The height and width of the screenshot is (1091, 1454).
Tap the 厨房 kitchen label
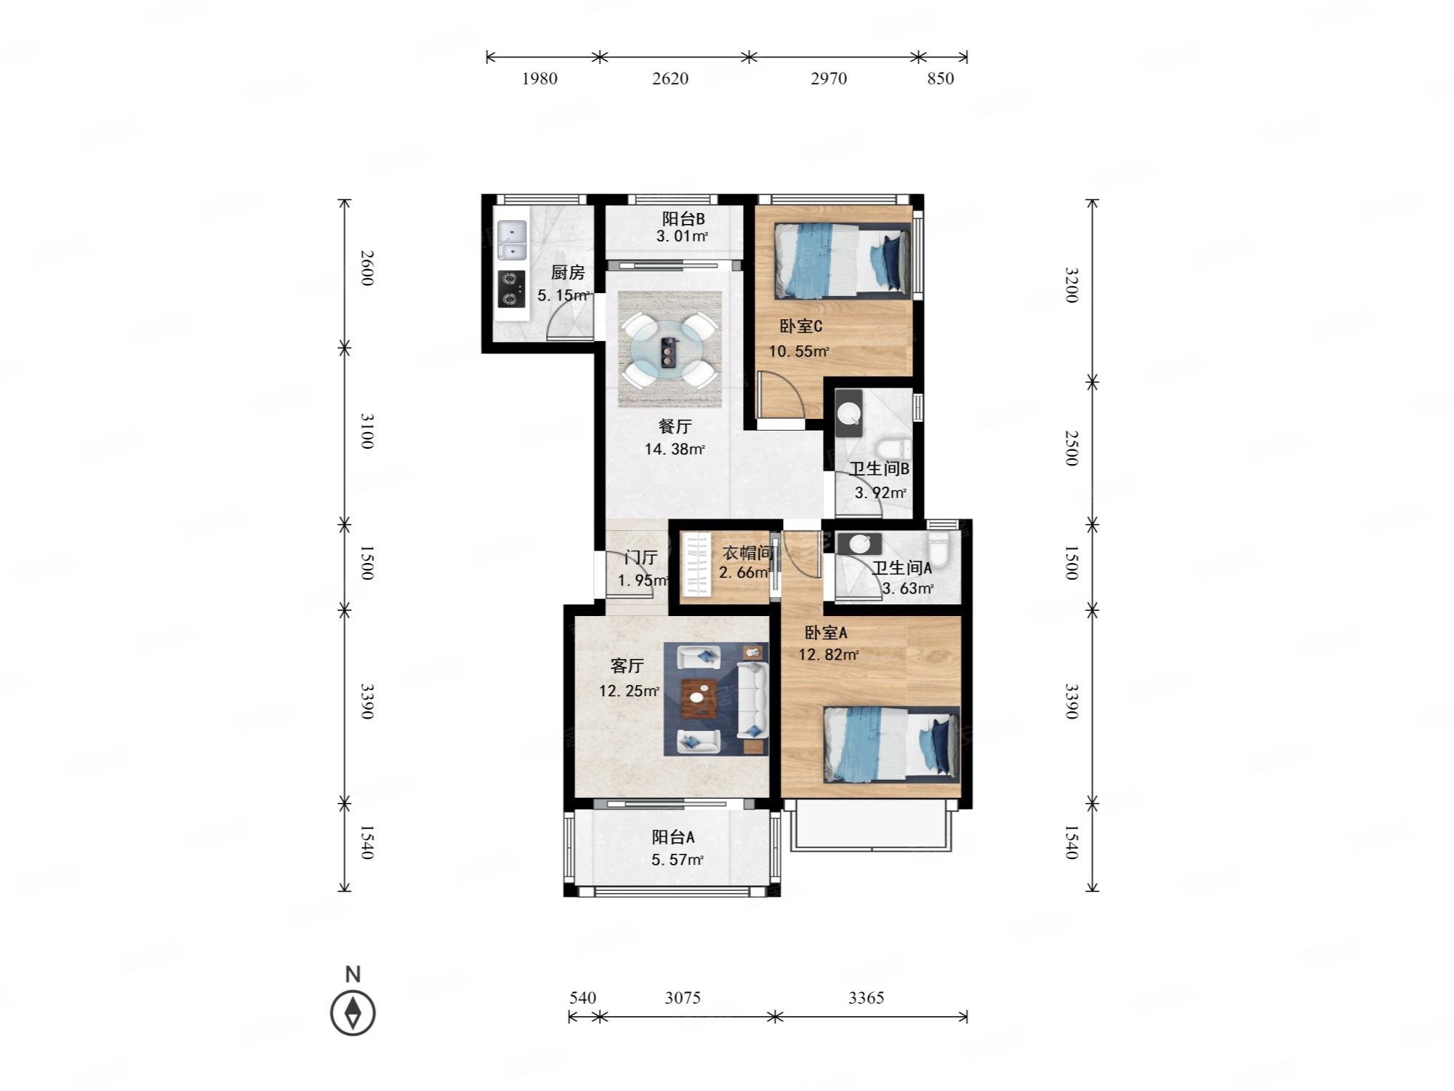click(568, 273)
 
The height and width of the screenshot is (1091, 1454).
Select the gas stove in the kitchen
click(512, 289)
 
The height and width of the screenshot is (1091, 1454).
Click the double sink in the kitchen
click(512, 240)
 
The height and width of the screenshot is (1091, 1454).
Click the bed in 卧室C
click(842, 260)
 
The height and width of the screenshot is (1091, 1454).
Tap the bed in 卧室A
click(891, 745)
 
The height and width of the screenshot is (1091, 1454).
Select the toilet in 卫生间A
click(939, 551)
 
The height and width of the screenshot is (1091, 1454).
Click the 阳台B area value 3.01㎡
click(682, 236)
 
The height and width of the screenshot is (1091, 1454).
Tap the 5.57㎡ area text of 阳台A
click(677, 860)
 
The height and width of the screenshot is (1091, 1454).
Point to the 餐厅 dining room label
click(675, 427)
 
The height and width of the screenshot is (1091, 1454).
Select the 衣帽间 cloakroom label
click(747, 554)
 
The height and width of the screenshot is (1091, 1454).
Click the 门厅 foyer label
click(641, 558)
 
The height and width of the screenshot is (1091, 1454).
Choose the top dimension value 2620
click(670, 79)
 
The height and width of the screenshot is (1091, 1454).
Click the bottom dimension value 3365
click(867, 998)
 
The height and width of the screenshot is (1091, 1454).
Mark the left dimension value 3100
click(368, 431)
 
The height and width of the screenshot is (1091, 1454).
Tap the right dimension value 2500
click(1072, 448)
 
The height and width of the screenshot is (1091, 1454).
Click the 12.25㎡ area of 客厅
click(630, 691)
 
